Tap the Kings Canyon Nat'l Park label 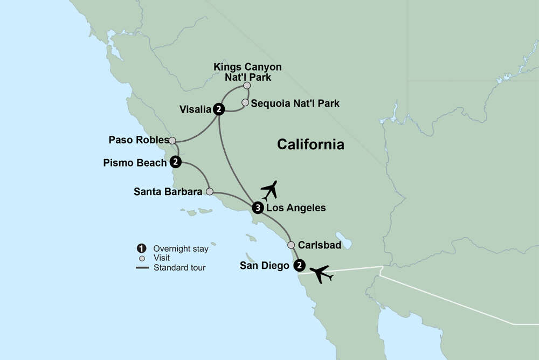click(247, 72)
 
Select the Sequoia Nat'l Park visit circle click(245, 102)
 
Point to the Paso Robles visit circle click(172, 141)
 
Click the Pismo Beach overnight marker click(175, 162)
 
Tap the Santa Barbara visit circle click(210, 191)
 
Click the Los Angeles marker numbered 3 click(258, 208)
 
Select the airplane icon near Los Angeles click(269, 190)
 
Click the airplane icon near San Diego click(322, 274)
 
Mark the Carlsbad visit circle click(291, 245)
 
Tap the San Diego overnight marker click(299, 265)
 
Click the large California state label click(310, 144)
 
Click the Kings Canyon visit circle click(247, 85)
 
